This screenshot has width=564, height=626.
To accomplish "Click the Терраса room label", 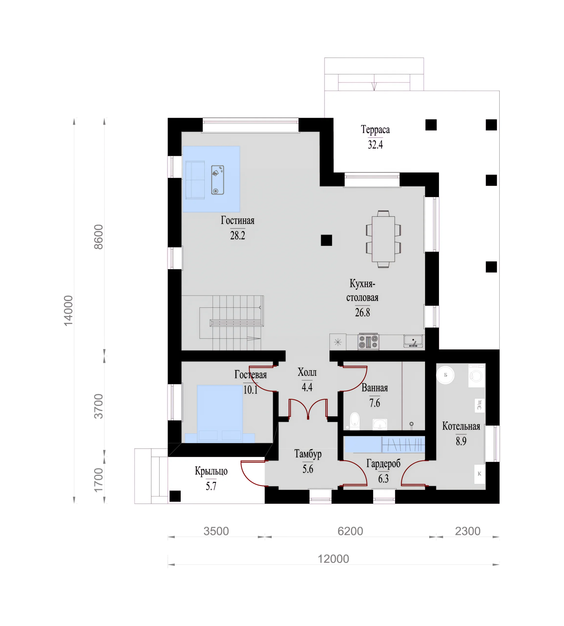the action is click(x=375, y=130).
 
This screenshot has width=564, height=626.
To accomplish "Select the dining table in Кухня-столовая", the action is click(x=383, y=239).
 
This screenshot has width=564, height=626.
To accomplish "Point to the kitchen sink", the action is click(x=413, y=341).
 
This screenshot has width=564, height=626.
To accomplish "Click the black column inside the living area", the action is click(x=326, y=240).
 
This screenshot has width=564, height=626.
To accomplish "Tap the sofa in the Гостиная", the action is click(x=195, y=180).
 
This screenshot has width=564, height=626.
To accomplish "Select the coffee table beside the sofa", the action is click(x=218, y=180).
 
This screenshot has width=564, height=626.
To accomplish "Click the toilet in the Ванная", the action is click(x=354, y=421).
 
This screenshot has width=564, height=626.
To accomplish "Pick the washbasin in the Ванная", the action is click(x=380, y=424).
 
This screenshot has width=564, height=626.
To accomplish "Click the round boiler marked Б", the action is click(x=445, y=375).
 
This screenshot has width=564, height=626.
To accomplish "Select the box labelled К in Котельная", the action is click(x=479, y=474).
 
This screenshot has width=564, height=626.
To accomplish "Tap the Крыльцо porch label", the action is click(x=211, y=471).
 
